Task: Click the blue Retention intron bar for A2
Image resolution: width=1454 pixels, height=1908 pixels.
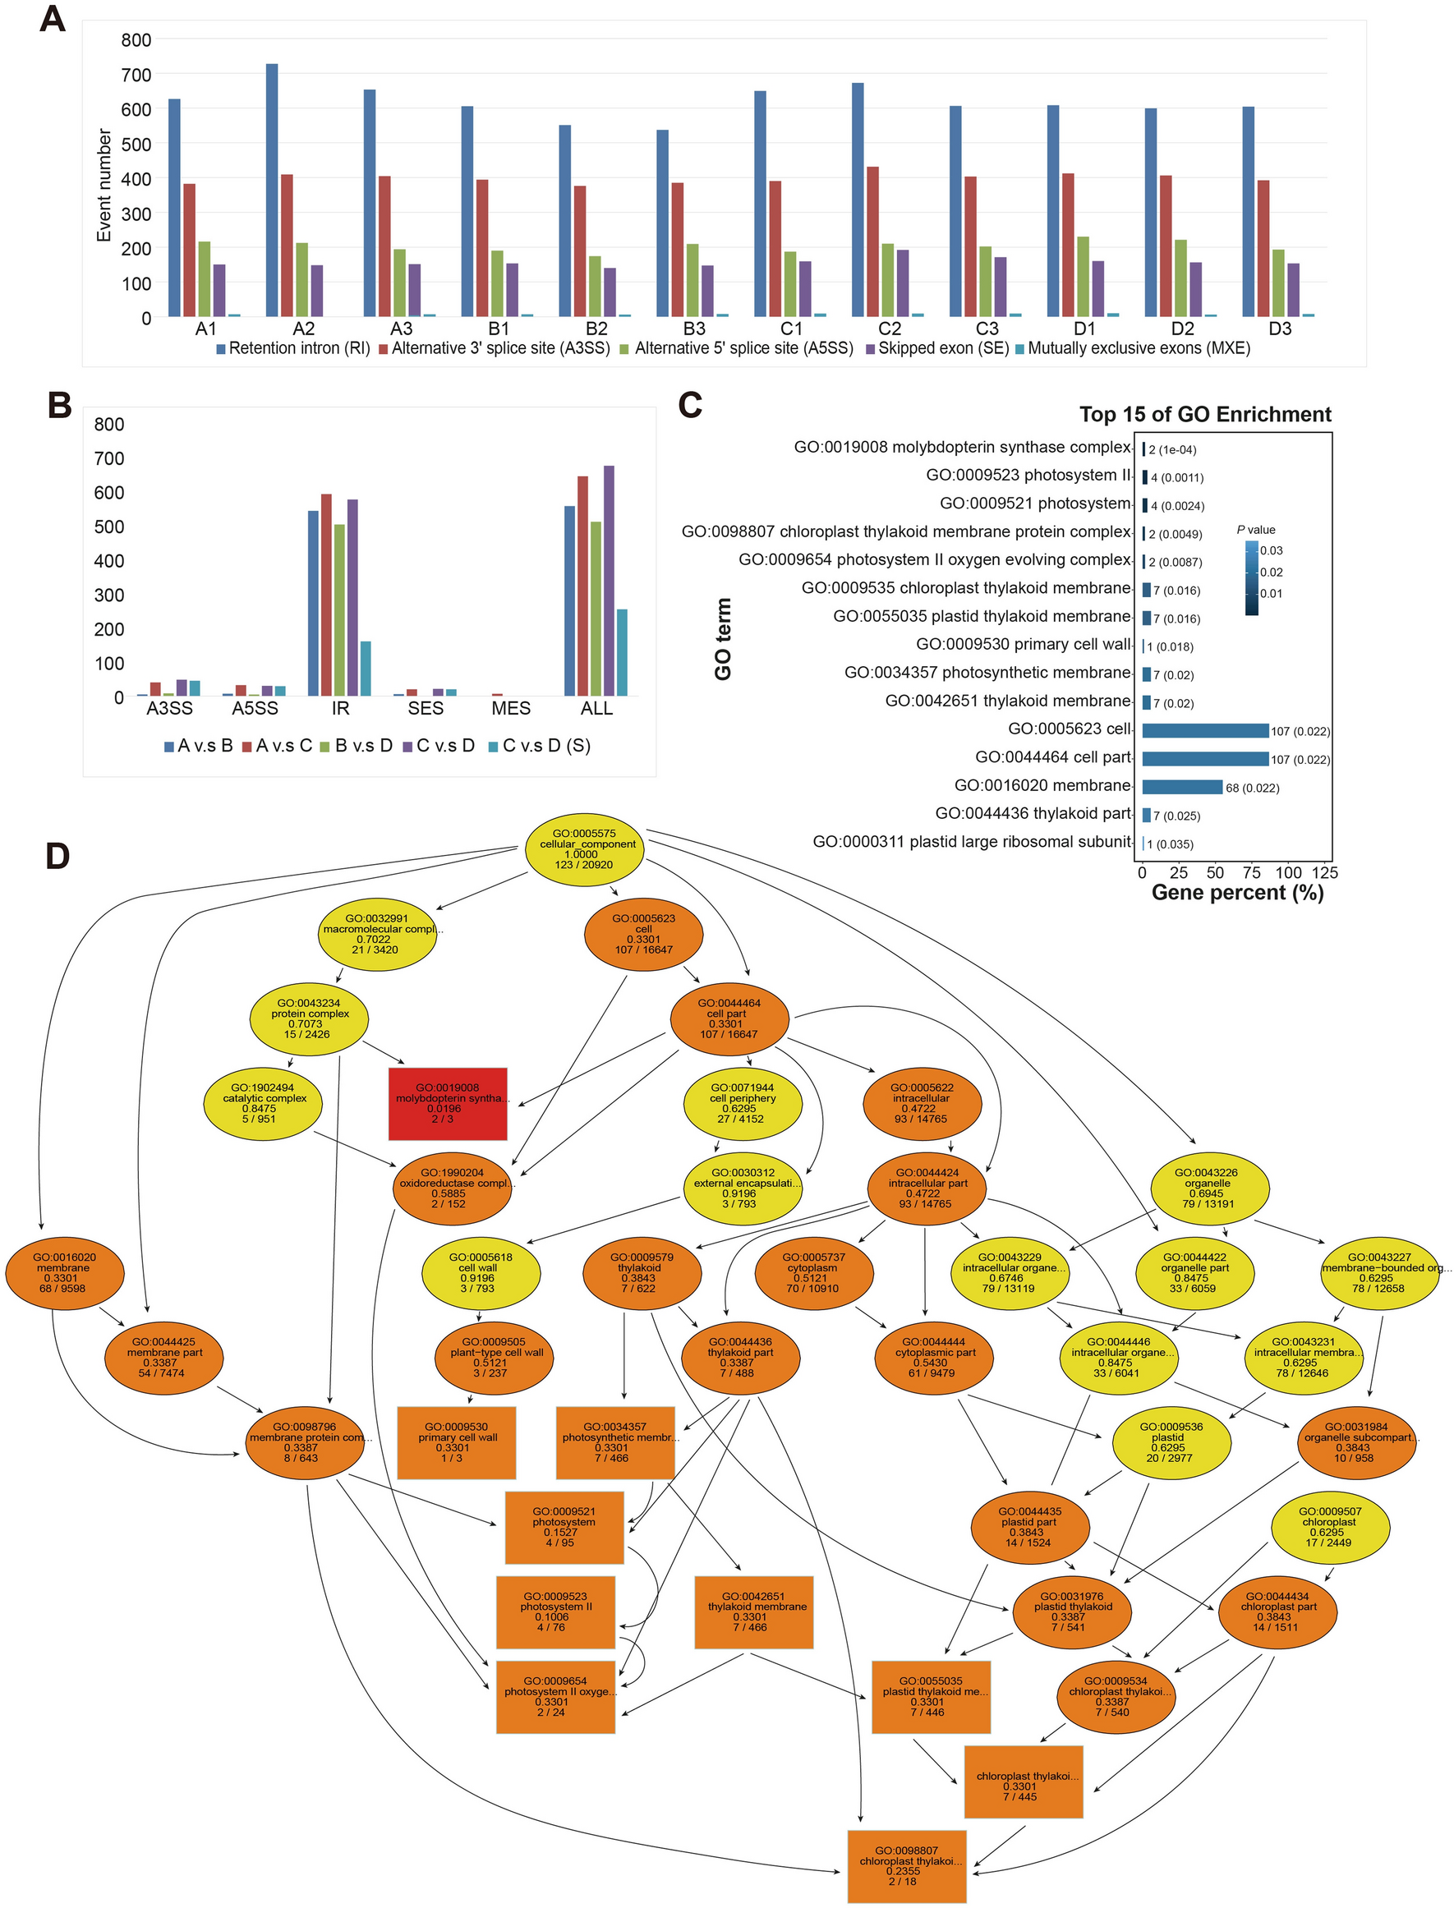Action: click(x=272, y=191)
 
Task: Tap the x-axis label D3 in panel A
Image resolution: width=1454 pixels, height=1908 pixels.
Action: click(x=1279, y=329)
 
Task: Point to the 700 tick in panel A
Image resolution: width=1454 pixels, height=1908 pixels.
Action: click(x=136, y=75)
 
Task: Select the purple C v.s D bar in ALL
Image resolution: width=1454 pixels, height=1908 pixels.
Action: click(x=609, y=581)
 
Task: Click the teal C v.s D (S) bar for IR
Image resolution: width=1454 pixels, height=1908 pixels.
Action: click(x=366, y=668)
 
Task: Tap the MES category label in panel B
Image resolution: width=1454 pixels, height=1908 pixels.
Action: click(x=511, y=709)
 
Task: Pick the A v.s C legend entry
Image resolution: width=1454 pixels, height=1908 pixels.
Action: click(x=277, y=746)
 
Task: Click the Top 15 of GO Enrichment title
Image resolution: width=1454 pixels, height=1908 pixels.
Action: click(x=1205, y=415)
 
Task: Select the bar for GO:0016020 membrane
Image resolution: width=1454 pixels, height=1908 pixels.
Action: click(x=1181, y=788)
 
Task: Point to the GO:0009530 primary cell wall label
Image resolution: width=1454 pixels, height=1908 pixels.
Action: click(x=1023, y=645)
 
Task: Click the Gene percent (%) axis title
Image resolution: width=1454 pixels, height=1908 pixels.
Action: click(x=1237, y=893)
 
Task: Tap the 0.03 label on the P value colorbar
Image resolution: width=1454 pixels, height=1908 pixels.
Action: click(x=1271, y=550)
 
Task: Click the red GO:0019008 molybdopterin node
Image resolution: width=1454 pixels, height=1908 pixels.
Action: click(x=448, y=1103)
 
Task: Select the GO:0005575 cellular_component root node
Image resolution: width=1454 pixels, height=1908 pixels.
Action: click(x=584, y=848)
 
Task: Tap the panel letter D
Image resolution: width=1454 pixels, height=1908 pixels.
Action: click(x=58, y=856)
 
